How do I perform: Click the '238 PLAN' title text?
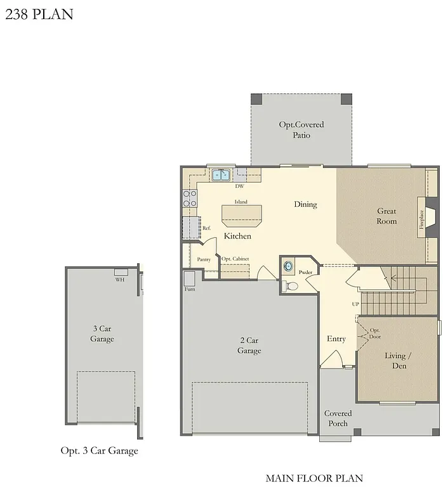(39, 13)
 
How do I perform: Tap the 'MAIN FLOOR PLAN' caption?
(314, 477)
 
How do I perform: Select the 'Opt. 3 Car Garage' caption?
(99, 451)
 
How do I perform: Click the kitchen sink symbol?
(221, 175)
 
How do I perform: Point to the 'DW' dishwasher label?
(240, 186)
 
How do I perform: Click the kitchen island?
(241, 215)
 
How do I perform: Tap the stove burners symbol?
(190, 199)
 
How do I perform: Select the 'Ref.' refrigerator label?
(206, 228)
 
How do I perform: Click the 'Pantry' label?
(204, 259)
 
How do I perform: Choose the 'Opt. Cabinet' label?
(235, 259)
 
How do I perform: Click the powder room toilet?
(291, 287)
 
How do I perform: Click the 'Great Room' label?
(387, 216)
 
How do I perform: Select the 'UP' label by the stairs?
(355, 304)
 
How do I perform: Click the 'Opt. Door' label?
(375, 334)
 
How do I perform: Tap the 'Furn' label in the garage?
(189, 289)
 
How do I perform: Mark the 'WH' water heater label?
(119, 280)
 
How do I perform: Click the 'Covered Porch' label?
(338, 419)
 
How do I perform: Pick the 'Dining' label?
(305, 205)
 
